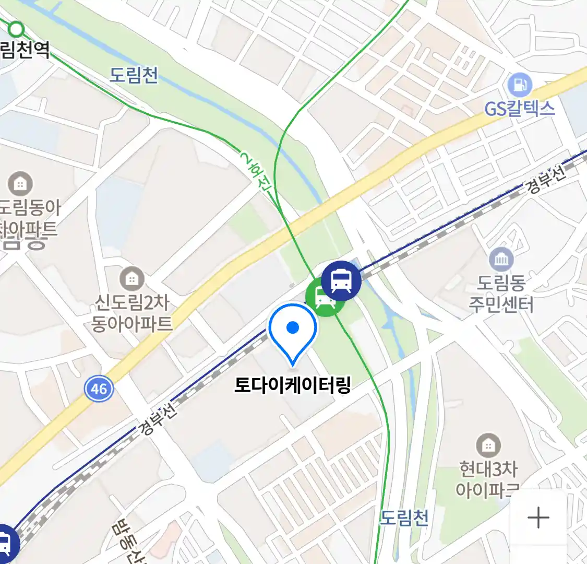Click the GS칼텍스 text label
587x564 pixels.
pos(520,109)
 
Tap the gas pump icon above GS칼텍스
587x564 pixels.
pos(520,84)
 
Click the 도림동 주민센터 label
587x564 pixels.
pos(501,293)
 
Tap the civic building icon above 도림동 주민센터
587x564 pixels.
pos(501,260)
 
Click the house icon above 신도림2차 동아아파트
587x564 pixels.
pos(132,279)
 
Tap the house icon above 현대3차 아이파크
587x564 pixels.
pos(488,445)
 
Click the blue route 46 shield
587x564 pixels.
pos(99,389)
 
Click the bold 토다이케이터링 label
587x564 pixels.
pos(292,385)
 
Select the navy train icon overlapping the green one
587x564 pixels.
pos(341,280)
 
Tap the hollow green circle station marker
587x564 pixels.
pos(17,28)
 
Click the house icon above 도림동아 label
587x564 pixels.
pos(20,184)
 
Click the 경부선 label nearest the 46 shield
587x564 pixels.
pos(158,419)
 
